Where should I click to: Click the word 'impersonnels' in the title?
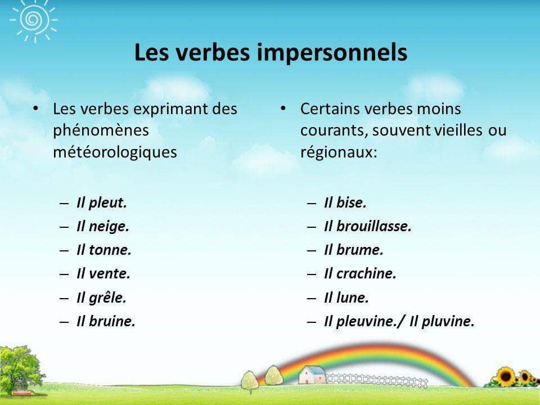click(332, 53)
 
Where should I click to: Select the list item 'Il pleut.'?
click(102, 203)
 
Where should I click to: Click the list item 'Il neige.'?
click(102, 227)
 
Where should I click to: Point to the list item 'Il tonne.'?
click(103, 250)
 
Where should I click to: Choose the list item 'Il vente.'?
click(103, 274)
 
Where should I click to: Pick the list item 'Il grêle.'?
click(101, 298)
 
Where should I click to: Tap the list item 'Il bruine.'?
click(106, 321)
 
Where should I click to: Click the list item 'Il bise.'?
click(345, 202)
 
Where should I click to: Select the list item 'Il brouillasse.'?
click(368, 226)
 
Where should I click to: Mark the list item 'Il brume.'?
click(354, 250)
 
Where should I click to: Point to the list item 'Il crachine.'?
click(360, 274)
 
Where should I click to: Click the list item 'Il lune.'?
click(346, 298)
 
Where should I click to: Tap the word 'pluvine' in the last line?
click(448, 322)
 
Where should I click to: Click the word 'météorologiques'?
click(115, 152)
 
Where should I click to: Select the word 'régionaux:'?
click(339, 152)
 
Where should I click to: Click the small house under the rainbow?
click(312, 375)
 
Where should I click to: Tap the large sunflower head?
click(506, 376)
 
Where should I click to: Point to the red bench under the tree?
click(21, 393)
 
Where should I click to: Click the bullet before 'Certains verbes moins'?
click(283, 109)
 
